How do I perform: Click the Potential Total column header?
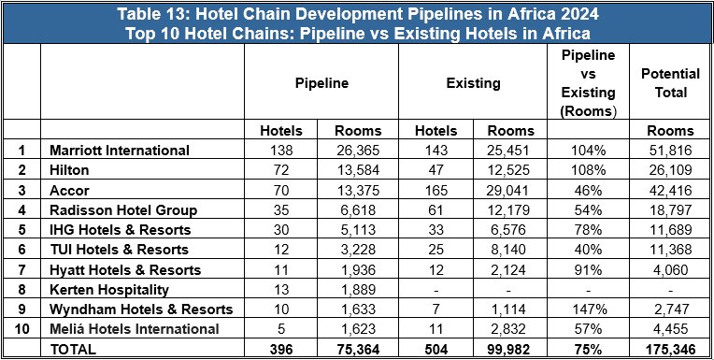pyautogui.click(x=664, y=83)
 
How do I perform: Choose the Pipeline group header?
pyautogui.click(x=322, y=83)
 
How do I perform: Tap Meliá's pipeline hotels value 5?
pyautogui.click(x=281, y=328)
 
